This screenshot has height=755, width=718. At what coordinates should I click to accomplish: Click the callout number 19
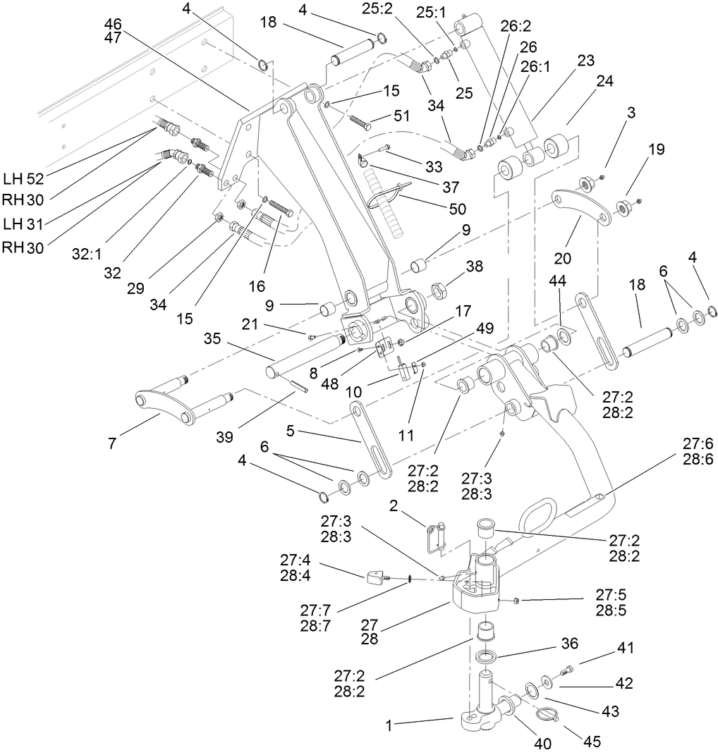(x=656, y=149)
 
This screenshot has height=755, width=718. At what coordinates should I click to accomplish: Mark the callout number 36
(x=568, y=643)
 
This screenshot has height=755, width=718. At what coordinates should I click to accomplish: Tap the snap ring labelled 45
(x=549, y=715)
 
